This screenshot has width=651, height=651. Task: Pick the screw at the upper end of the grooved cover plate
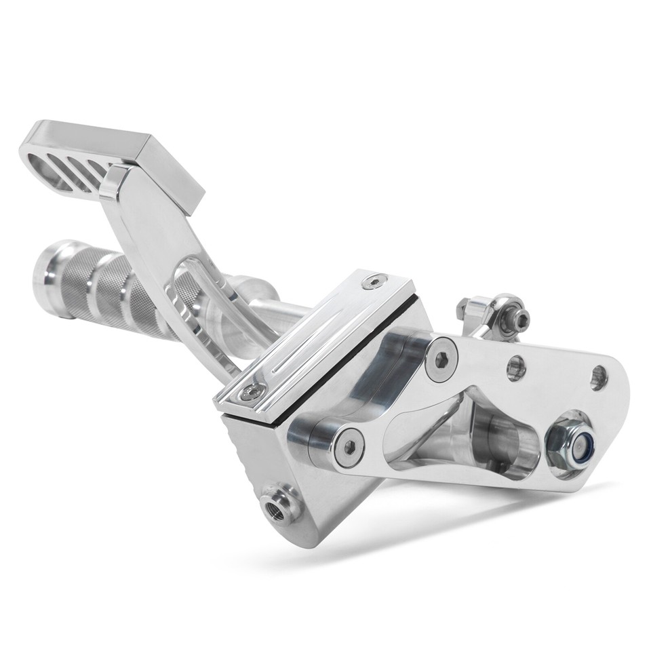(x=375, y=280)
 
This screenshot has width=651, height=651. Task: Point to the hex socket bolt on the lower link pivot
(x=350, y=446)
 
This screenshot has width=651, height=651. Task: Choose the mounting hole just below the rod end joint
(x=517, y=366)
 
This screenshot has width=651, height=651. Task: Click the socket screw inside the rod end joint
(x=521, y=317)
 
